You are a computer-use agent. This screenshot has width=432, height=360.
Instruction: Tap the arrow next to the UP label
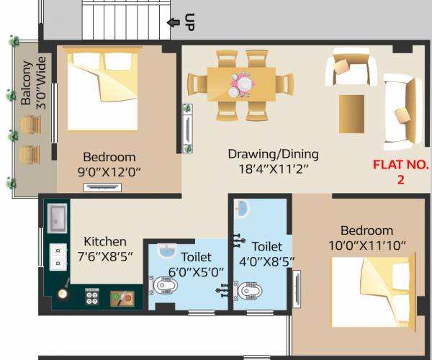(x=173, y=22)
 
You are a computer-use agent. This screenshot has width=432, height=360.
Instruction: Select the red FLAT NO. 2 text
(x=400, y=172)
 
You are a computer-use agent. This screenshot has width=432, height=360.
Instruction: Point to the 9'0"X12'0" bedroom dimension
(x=109, y=172)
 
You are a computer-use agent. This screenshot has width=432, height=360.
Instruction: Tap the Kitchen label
(x=105, y=241)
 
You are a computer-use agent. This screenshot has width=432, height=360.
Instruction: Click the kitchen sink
(x=58, y=216)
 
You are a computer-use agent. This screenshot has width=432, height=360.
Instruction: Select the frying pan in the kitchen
(x=63, y=293)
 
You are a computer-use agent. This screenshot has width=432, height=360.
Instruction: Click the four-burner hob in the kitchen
(x=92, y=296)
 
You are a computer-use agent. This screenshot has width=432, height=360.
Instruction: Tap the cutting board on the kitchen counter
(x=120, y=297)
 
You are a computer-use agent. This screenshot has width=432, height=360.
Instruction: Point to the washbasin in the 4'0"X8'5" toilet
(x=242, y=210)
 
